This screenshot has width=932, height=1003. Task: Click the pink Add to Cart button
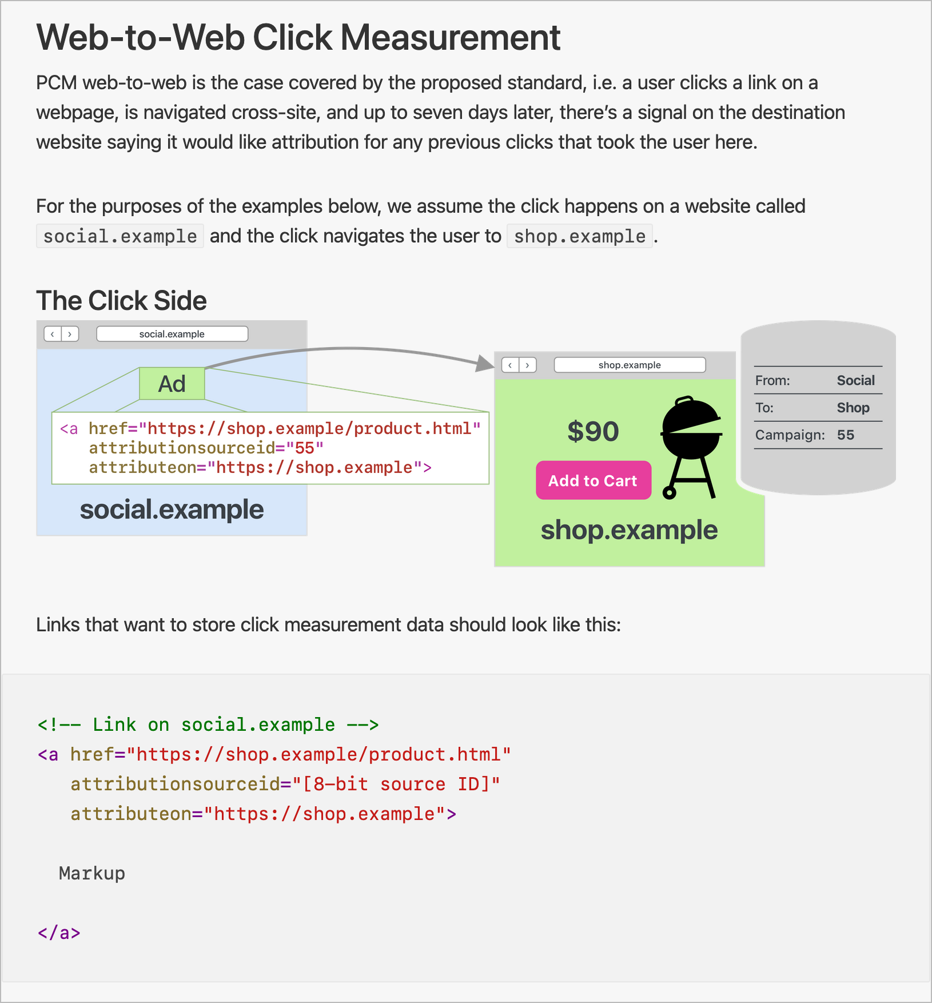(x=593, y=480)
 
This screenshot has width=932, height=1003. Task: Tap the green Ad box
(x=172, y=384)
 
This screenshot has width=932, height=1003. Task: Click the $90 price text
(x=593, y=431)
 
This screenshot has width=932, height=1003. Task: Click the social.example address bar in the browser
(x=172, y=334)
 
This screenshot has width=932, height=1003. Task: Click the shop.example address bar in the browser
(x=630, y=365)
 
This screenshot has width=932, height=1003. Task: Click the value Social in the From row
(x=855, y=380)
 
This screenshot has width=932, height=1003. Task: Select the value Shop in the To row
(x=853, y=408)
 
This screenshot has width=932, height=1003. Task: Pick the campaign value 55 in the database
(x=845, y=435)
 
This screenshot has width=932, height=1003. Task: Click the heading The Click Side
(x=121, y=301)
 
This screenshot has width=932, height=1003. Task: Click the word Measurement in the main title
(x=451, y=38)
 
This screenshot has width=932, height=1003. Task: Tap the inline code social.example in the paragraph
(x=120, y=236)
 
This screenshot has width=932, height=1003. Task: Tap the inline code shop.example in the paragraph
(x=579, y=236)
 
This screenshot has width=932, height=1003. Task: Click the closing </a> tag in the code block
(x=59, y=933)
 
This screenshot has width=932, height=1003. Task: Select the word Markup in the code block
(x=92, y=873)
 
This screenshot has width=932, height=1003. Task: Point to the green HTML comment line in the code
(x=208, y=725)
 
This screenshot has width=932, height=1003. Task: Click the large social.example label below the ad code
(x=172, y=510)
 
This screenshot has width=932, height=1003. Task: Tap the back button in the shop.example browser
(x=510, y=365)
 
